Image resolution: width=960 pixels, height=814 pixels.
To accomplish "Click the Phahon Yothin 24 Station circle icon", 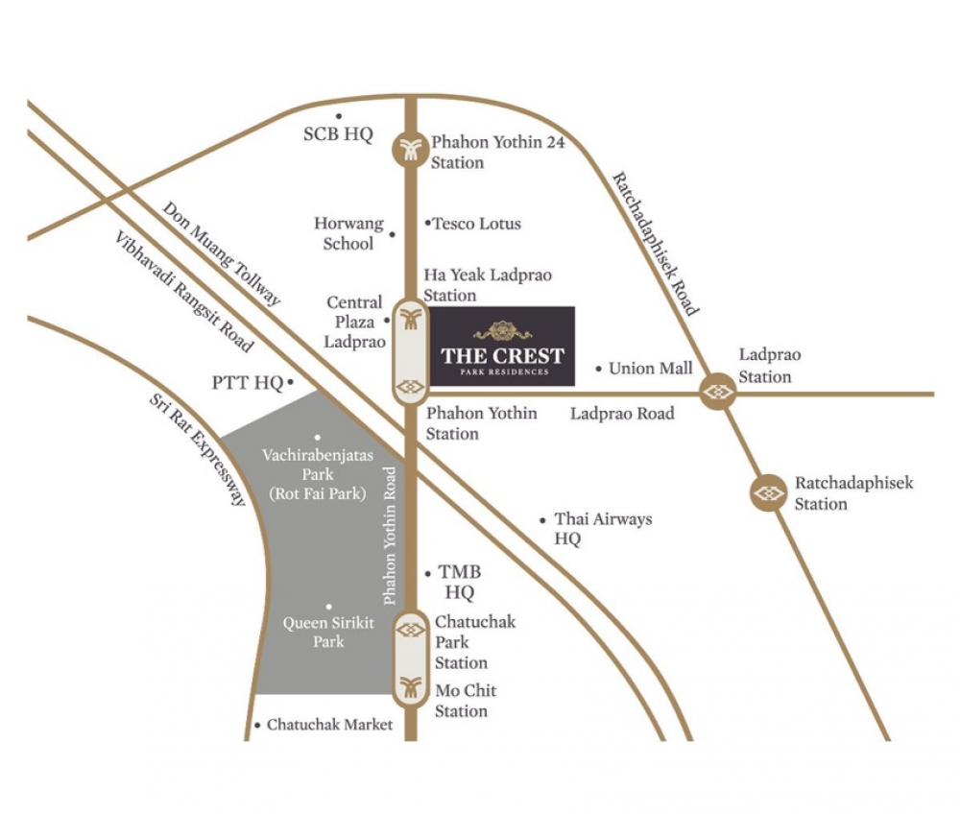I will tap(411, 148).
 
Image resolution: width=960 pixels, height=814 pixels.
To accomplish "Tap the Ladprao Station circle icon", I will tap(718, 392).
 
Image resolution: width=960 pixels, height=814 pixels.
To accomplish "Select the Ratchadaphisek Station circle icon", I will tap(769, 493).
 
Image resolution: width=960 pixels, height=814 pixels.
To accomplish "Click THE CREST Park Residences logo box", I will tap(502, 347).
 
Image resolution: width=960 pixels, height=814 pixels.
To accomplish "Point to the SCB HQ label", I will tap(338, 134).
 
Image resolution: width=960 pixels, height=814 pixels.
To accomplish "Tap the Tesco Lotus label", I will tap(477, 224).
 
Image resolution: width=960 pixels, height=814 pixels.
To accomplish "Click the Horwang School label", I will tap(348, 233).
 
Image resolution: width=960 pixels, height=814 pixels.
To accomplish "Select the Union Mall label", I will tap(651, 368).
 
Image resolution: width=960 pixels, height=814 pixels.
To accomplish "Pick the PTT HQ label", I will tap(248, 384).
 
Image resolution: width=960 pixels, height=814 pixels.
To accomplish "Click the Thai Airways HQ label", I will tap(602, 529).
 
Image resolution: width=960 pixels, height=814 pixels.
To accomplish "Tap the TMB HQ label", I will tap(459, 582).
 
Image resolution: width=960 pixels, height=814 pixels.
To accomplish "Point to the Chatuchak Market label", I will tap(329, 725).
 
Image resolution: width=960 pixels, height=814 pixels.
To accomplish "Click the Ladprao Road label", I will tap(622, 414).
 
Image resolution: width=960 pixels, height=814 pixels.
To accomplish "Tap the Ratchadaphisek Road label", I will tap(656, 244).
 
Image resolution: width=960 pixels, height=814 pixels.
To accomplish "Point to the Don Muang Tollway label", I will tap(222, 253).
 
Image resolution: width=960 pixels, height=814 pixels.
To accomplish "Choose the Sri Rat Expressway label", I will tap(199, 449).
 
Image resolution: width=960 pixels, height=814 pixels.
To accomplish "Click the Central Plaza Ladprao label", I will tap(354, 322).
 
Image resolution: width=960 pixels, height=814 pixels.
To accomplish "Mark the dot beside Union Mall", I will tap(599, 368).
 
